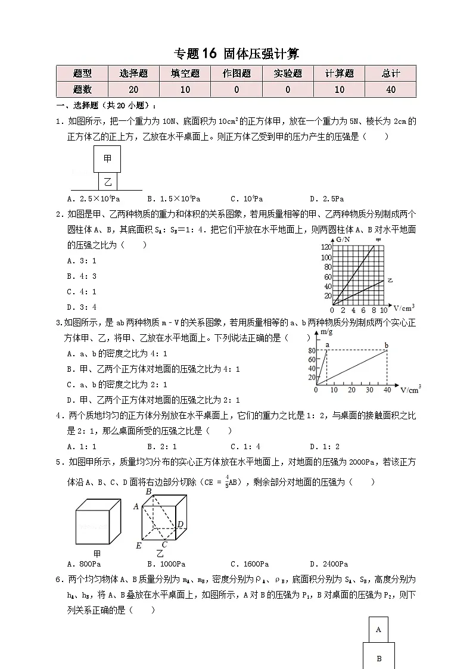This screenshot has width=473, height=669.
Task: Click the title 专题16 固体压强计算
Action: click(236, 54)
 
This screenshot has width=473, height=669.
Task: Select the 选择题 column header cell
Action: click(133, 74)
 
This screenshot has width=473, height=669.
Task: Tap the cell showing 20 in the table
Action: click(133, 89)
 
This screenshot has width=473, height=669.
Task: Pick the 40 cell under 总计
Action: click(391, 89)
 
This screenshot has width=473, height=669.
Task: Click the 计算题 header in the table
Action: click(339, 74)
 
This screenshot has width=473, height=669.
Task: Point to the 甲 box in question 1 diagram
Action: click(107, 159)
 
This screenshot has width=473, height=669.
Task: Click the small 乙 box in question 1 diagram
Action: click(108, 181)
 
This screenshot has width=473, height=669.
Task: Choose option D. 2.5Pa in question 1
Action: click(326, 199)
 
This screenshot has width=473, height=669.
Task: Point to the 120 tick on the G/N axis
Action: click(326, 247)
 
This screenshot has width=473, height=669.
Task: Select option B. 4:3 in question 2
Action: click(82, 276)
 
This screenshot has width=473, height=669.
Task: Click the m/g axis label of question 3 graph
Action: click(325, 332)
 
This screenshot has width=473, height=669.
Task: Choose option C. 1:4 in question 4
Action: click(245, 446)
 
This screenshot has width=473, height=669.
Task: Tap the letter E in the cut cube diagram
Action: click(138, 546)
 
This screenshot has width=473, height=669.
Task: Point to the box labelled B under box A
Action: click(379, 658)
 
